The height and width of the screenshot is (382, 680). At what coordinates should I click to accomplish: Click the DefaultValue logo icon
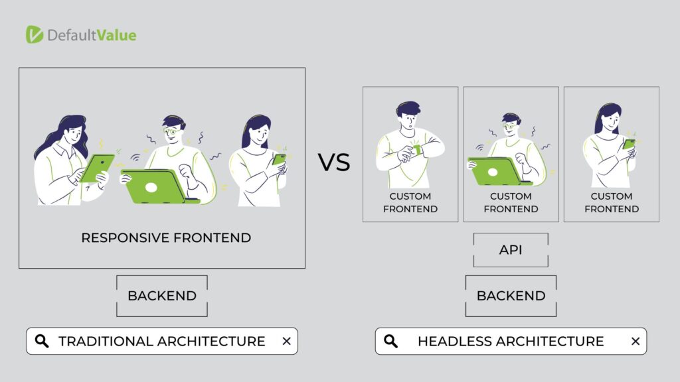[35, 34]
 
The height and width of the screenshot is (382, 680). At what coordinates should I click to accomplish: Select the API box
[511, 250]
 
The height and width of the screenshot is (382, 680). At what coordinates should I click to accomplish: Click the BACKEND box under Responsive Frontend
[162, 296]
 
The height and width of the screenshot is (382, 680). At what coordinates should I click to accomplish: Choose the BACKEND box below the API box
[511, 296]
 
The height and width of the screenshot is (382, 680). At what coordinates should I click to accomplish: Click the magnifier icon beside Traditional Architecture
[42, 342]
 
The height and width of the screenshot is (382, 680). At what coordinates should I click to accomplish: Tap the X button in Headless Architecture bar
[636, 342]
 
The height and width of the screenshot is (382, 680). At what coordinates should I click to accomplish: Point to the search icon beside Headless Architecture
[390, 342]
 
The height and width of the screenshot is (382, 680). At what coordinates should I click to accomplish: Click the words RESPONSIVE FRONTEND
[166, 238]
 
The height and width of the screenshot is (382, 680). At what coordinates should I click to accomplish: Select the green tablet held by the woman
[97, 168]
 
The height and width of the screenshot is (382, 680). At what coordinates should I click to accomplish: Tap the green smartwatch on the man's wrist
[417, 149]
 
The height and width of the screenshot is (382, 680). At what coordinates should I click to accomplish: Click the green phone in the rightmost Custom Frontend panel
[628, 144]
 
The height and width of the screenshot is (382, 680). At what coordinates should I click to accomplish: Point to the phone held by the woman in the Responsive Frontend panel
[279, 160]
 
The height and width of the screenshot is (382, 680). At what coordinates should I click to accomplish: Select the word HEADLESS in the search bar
[455, 342]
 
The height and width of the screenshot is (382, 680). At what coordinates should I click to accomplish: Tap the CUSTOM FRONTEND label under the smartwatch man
[410, 203]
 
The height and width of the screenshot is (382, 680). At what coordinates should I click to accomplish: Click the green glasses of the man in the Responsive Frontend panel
[172, 131]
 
